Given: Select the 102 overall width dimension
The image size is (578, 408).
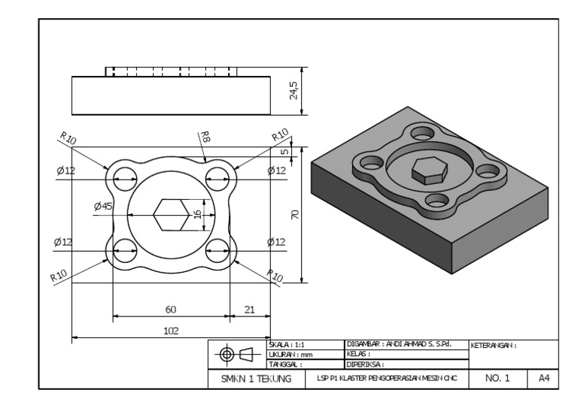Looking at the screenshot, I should [x=171, y=329].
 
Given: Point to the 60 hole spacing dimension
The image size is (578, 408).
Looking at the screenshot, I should [x=171, y=308].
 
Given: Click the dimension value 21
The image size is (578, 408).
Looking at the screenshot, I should [x=249, y=308].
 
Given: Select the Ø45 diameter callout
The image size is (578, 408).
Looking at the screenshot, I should [x=103, y=206].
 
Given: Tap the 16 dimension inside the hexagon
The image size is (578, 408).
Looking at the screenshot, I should [x=198, y=216].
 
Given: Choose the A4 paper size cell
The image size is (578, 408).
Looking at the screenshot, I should [x=543, y=379].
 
